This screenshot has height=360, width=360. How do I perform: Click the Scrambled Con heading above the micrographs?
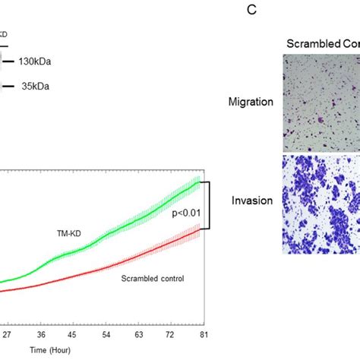click(322, 43)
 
